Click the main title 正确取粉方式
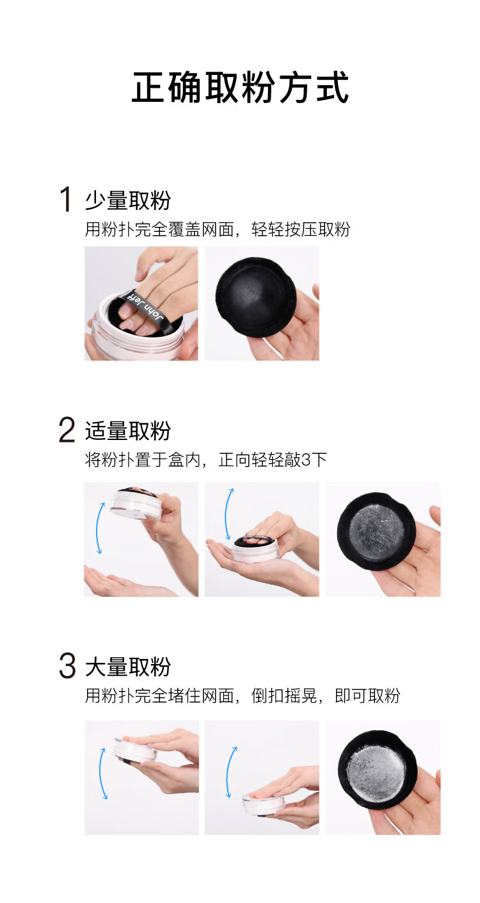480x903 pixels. click(240, 87)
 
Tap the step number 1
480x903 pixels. click(65, 199)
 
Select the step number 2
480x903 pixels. click(67, 430)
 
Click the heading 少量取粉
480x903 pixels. click(128, 200)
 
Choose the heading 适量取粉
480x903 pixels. click(128, 430)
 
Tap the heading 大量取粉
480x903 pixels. click(128, 667)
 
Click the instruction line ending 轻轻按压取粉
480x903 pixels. click(218, 229)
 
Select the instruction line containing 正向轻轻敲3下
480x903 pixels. click(206, 460)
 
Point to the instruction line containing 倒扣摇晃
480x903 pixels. click(243, 696)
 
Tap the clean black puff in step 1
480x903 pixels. click(255, 297)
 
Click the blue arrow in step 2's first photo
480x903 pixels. click(100, 528)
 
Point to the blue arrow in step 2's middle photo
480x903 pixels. click(228, 514)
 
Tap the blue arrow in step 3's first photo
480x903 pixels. click(103, 773)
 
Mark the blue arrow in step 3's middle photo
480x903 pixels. click(230, 772)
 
